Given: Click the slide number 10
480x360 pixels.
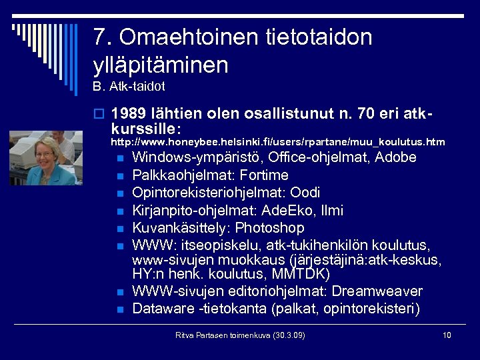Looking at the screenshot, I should [447, 335].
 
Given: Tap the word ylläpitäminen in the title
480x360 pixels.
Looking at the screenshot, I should [161, 65].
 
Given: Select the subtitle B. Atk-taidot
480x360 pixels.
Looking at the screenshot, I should [129, 87].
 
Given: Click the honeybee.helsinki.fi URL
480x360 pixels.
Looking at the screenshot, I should [277, 142].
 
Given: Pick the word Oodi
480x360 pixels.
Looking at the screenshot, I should [307, 193].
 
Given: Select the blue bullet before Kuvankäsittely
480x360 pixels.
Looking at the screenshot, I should [120, 229].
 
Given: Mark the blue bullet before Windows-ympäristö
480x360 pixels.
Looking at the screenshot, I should [120, 159].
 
